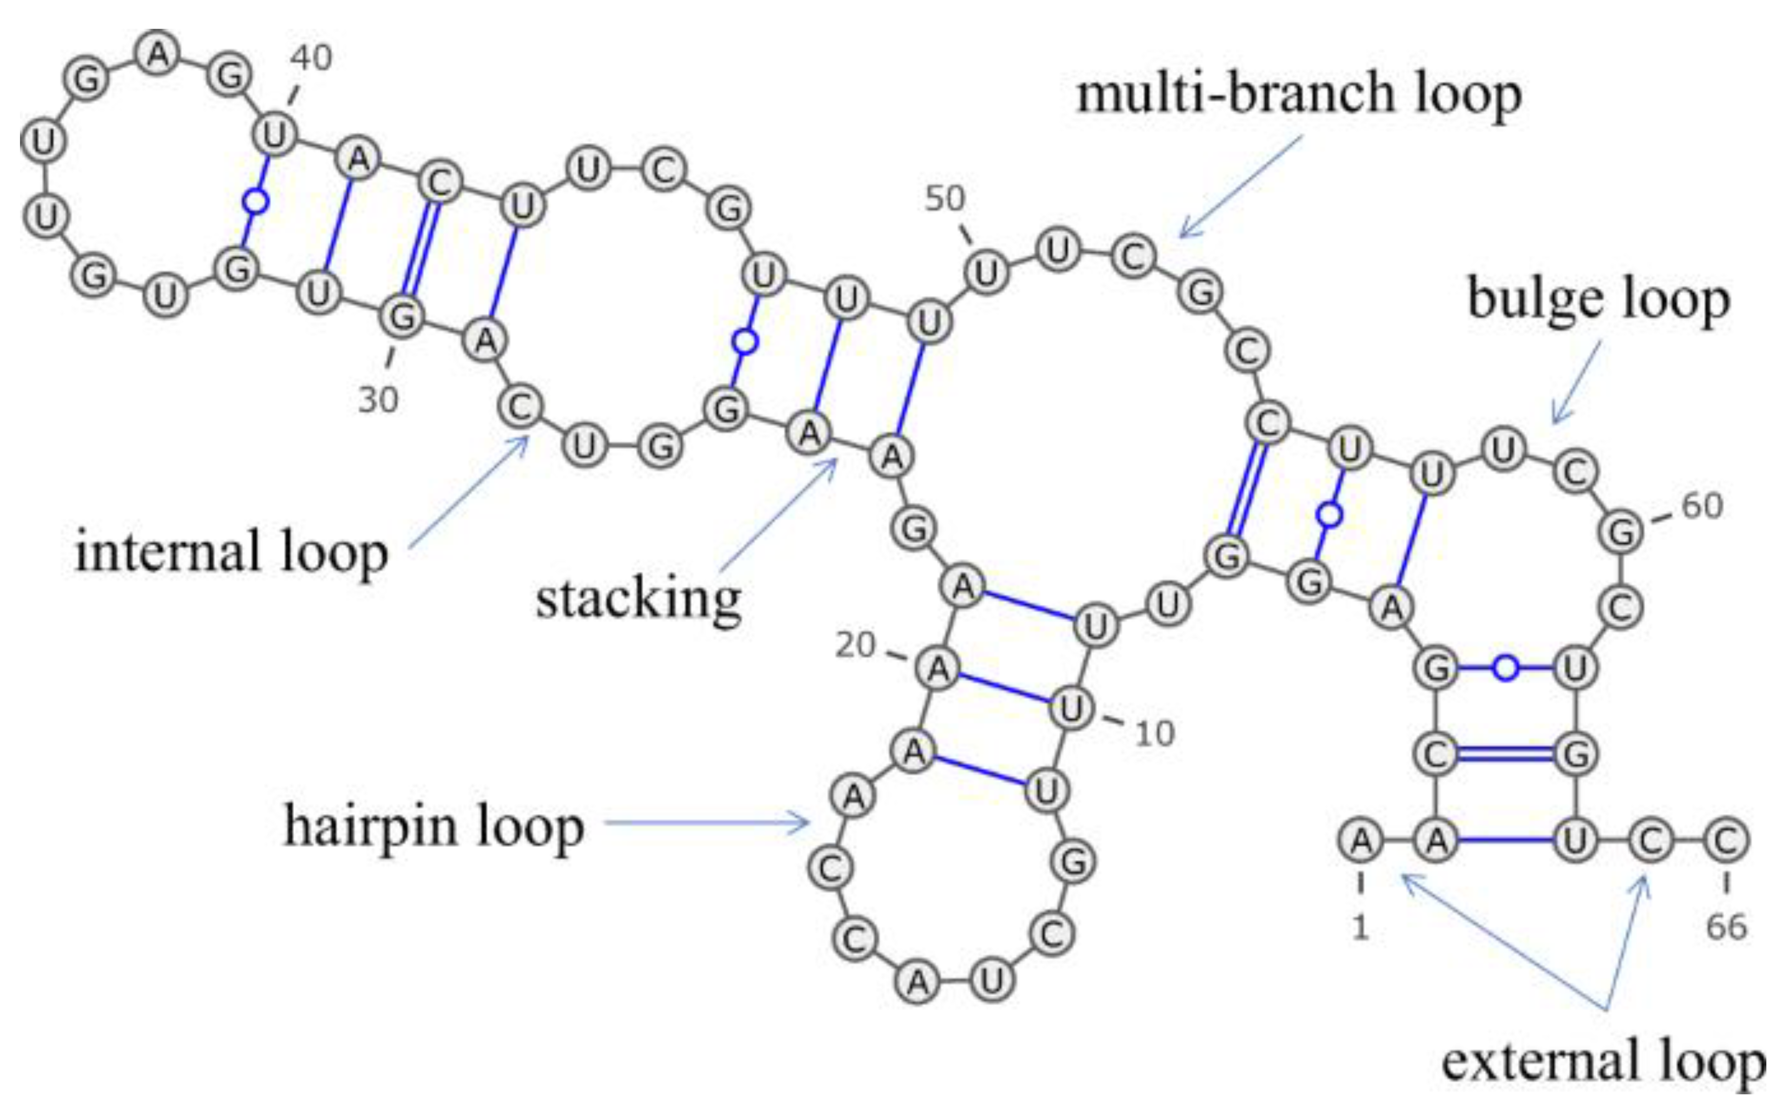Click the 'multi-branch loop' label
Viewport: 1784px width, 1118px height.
point(1299,95)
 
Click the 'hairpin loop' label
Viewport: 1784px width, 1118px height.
point(434,826)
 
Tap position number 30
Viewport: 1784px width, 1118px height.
point(379,400)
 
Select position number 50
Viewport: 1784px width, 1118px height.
point(944,198)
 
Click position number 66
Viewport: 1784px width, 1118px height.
point(1726,927)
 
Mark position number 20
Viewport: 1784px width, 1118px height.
point(855,645)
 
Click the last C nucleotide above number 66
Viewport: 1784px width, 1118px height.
point(1726,841)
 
